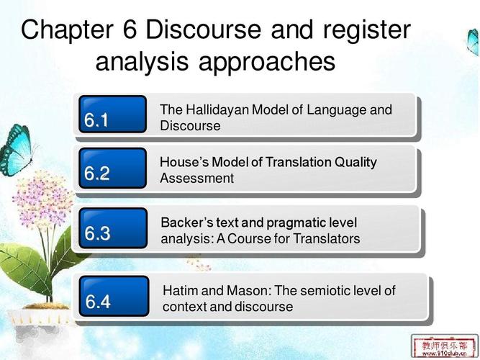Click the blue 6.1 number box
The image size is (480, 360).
(x=112, y=115)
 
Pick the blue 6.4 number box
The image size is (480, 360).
(x=114, y=296)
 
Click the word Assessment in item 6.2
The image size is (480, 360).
(x=196, y=179)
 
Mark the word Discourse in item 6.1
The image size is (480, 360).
(x=190, y=126)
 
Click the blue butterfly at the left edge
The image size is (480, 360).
(x=14, y=148)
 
